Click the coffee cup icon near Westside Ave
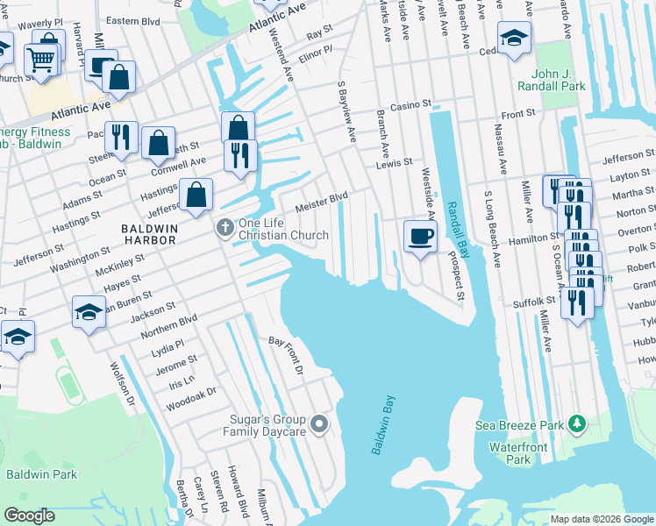[420, 235]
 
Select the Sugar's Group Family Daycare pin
[320, 425]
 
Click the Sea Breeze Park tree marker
[576, 425]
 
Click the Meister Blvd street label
[322, 203]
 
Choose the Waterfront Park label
[518, 453]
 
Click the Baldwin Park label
[41, 474]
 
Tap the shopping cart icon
[40, 60]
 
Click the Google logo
[29, 515]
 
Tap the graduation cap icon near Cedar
[514, 37]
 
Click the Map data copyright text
[600, 519]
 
